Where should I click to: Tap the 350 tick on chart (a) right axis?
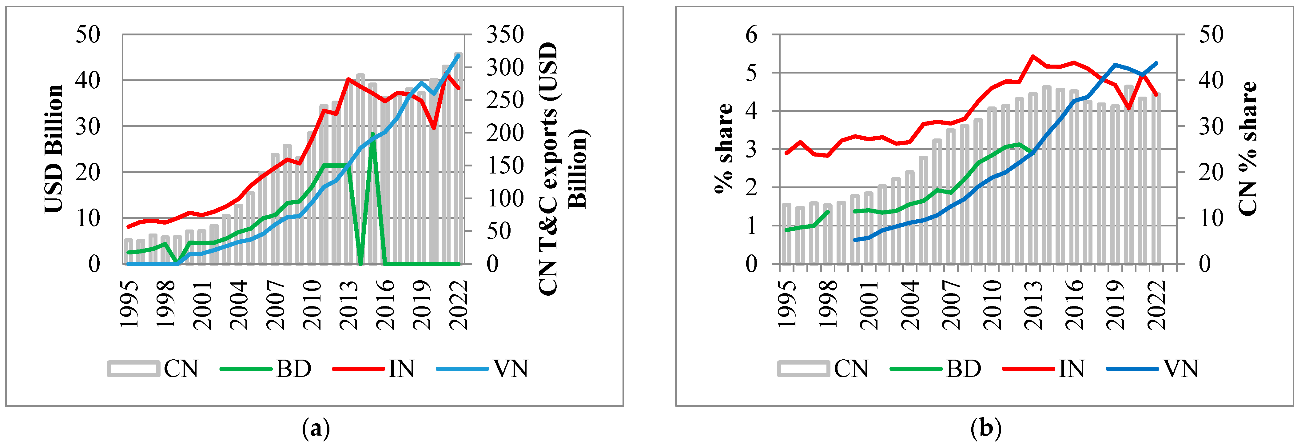pyautogui.click(x=504, y=34)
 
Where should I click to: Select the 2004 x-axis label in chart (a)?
pyautogui.click(x=239, y=305)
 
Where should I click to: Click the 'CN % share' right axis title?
pyautogui.click(x=1247, y=149)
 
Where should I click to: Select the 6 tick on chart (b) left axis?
pyautogui.click(x=751, y=34)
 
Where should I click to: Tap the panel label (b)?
pyautogui.click(x=986, y=429)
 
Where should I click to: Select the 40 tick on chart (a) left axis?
pyautogui.click(x=88, y=80)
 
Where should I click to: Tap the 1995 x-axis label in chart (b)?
pyautogui.click(x=786, y=305)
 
